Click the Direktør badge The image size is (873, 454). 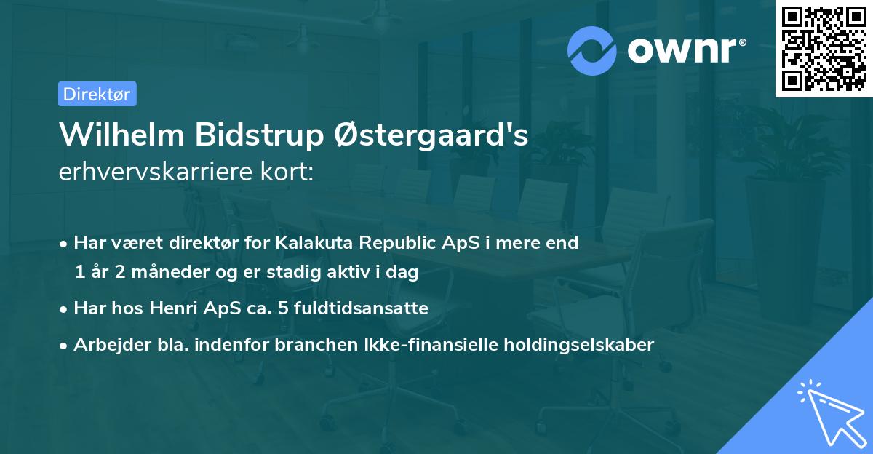[97, 94]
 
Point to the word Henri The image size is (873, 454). [172, 308]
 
